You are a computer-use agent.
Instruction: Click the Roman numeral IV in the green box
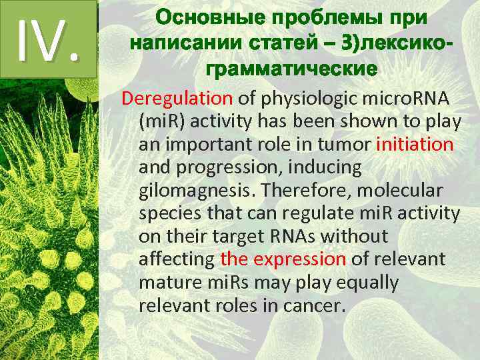tap(48, 37)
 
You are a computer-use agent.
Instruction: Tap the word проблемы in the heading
tap(328, 18)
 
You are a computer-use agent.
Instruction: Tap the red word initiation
tap(415, 145)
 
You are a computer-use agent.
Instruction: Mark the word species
tap(169, 213)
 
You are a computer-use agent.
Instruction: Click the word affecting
tap(176, 259)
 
